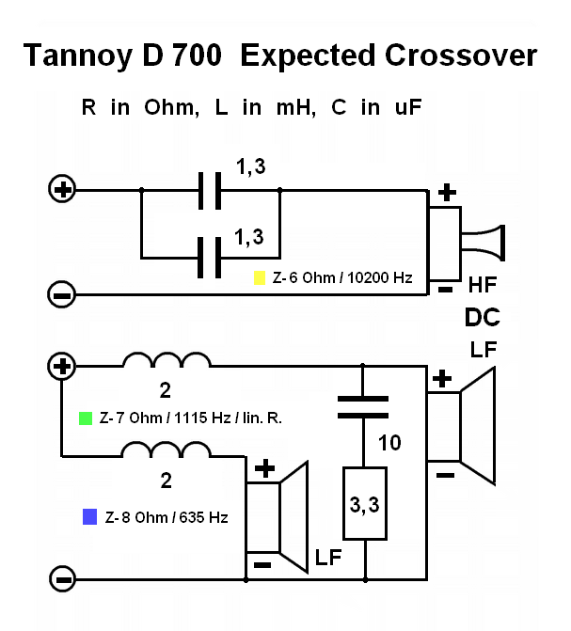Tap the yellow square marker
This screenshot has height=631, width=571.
click(260, 278)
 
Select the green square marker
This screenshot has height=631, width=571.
click(87, 417)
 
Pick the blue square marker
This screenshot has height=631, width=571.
click(89, 516)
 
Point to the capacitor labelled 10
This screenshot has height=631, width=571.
click(363, 405)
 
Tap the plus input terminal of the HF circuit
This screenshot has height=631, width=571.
click(62, 190)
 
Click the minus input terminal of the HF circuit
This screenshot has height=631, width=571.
click(62, 295)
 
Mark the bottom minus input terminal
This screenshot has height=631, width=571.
click(62, 576)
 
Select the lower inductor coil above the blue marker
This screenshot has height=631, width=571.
click(167, 452)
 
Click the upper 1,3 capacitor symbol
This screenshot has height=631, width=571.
click(210, 190)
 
